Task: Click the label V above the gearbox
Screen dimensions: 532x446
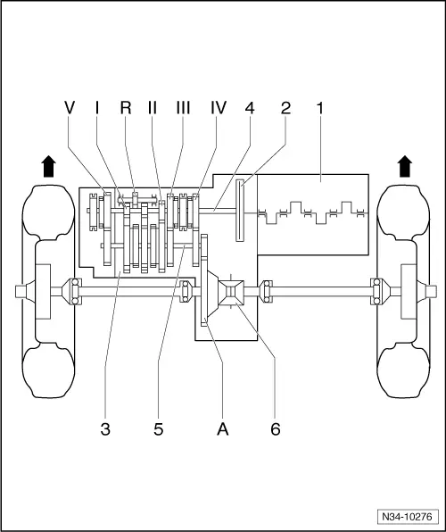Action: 70,108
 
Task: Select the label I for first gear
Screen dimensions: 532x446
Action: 96,108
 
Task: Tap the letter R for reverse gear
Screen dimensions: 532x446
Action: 126,108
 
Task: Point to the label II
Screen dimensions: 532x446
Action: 153,108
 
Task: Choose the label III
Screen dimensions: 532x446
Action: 184,108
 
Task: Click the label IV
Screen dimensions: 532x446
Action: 219,108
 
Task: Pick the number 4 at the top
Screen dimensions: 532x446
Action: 251,108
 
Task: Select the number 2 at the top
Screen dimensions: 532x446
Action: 285,108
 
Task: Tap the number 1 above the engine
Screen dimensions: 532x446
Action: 320,108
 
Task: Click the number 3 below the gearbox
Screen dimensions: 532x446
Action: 105,429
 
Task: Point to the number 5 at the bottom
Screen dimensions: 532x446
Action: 159,429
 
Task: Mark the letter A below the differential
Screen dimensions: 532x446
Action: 224,429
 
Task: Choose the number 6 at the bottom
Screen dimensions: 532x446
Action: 276,429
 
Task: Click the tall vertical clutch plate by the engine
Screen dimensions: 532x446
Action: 241,210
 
